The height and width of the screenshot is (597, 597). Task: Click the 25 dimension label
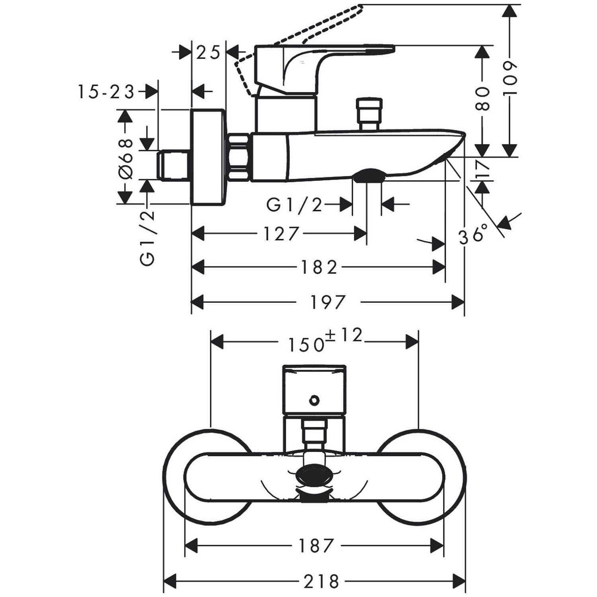click(x=209, y=53)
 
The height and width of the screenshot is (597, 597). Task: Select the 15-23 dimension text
click(x=106, y=92)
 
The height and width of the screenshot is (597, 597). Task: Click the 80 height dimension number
click(x=482, y=99)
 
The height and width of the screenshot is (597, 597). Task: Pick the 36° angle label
click(x=473, y=235)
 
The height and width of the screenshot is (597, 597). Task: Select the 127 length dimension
click(x=281, y=234)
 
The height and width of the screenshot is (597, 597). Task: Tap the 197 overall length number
click(x=328, y=302)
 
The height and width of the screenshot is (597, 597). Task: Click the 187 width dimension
click(x=315, y=546)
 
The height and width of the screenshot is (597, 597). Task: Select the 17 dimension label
click(x=483, y=169)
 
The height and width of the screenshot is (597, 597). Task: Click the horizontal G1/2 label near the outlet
click(x=294, y=205)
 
